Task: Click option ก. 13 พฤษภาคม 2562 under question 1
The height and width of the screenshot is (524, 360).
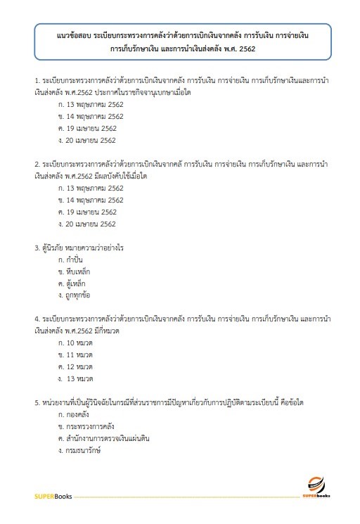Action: (x=91, y=103)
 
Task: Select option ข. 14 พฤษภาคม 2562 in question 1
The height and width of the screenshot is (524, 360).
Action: (x=91, y=115)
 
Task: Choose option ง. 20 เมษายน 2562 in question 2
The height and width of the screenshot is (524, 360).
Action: (x=87, y=224)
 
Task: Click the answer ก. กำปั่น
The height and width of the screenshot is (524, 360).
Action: (x=73, y=260)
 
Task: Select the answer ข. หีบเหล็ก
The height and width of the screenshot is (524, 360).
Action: (x=75, y=271)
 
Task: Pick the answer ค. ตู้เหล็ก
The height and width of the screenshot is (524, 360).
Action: (x=73, y=283)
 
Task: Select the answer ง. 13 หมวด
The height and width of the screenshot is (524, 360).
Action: (x=77, y=378)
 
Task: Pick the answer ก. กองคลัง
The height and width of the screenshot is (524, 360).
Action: (x=76, y=414)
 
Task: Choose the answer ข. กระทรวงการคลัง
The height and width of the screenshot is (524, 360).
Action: (x=86, y=426)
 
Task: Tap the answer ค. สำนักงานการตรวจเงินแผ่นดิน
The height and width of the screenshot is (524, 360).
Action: (x=104, y=438)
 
